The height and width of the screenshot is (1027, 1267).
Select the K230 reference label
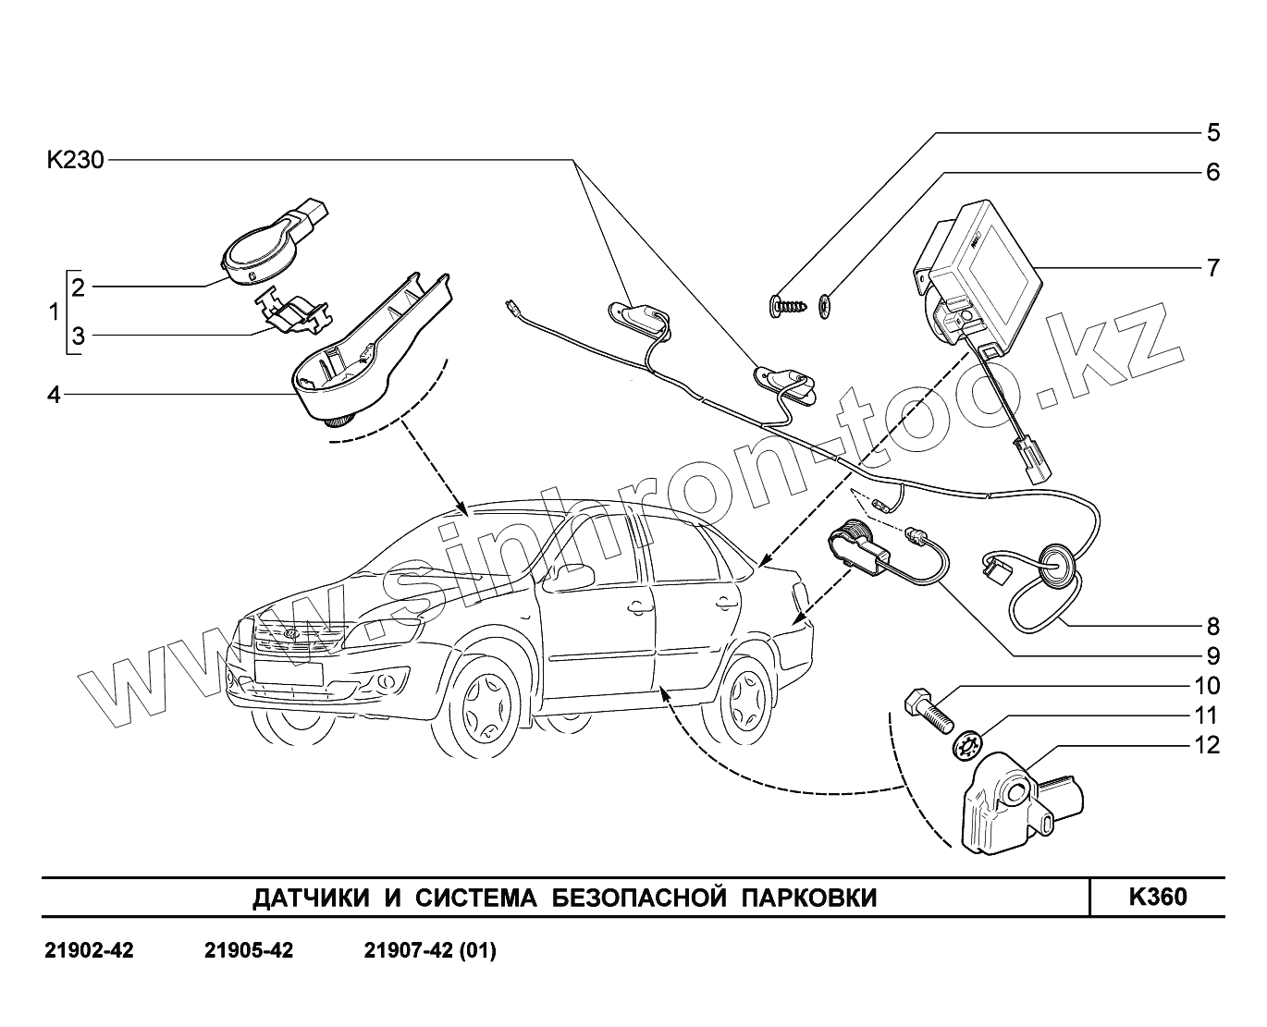[x=76, y=161]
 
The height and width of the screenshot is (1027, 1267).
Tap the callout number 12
[x=1207, y=745]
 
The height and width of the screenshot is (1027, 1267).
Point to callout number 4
[x=54, y=395]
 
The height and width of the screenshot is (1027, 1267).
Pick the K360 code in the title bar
[x=1157, y=897]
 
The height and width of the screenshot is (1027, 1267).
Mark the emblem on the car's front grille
[x=288, y=634]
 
